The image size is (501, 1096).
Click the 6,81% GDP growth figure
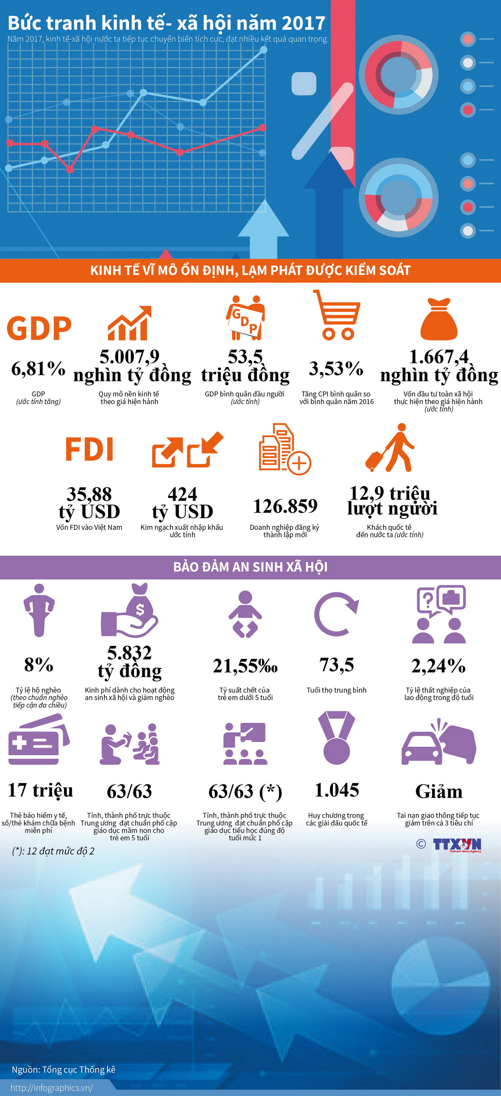[38, 368]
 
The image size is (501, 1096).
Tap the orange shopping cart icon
[337, 315]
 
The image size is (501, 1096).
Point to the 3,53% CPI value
[336, 368]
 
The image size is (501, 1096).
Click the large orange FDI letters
[89, 449]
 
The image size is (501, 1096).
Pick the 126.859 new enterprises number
[285, 506]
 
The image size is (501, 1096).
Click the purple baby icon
[245, 614]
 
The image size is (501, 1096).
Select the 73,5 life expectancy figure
[336, 664]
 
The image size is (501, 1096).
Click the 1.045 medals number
[336, 790]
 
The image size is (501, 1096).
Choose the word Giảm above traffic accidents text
[439, 791]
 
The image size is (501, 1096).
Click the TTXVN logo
[457, 845]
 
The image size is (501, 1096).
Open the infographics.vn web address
[52, 1088]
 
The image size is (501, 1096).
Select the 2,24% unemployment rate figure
[439, 666]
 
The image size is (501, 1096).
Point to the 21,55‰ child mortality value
[245, 666]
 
